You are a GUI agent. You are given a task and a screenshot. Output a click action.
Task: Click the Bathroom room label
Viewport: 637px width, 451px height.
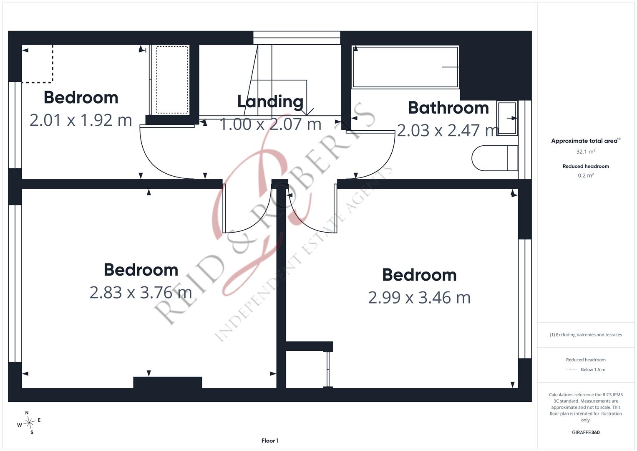point(448,108)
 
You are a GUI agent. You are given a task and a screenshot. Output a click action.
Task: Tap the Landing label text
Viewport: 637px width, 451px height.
point(270,102)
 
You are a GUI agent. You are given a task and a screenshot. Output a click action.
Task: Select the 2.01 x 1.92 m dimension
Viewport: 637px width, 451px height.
point(81,120)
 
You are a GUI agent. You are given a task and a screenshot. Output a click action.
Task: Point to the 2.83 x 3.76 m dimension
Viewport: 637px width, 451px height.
point(141,292)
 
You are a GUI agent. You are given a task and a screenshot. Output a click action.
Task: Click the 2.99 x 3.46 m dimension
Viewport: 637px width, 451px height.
point(419,297)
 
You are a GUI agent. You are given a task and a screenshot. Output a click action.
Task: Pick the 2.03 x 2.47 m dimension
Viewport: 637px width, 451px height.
point(448,130)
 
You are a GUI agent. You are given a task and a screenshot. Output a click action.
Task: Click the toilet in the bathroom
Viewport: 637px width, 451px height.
point(494,158)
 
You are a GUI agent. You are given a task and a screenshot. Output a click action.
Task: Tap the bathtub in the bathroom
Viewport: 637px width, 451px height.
point(405,67)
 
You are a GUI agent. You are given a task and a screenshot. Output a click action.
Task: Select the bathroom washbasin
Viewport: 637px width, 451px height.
point(507,118)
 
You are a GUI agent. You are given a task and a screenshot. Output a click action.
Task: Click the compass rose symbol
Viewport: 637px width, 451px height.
point(29,423)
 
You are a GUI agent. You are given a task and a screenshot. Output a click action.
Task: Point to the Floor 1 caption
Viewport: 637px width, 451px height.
point(270,441)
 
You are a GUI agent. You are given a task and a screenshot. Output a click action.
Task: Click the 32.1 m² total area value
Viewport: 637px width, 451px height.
point(586,152)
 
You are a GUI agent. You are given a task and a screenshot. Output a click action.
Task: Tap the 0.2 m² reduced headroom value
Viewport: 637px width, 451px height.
point(586,175)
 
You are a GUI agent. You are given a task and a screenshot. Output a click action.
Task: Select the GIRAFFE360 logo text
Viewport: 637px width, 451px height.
point(586,432)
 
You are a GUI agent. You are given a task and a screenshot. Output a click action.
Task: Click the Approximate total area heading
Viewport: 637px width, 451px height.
point(586,141)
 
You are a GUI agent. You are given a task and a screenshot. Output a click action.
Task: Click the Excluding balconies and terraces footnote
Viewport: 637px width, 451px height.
point(586,334)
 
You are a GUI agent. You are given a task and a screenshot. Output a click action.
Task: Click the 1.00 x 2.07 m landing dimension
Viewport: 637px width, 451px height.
point(270,124)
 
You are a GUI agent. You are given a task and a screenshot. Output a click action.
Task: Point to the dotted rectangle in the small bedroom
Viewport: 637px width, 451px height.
point(172,80)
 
